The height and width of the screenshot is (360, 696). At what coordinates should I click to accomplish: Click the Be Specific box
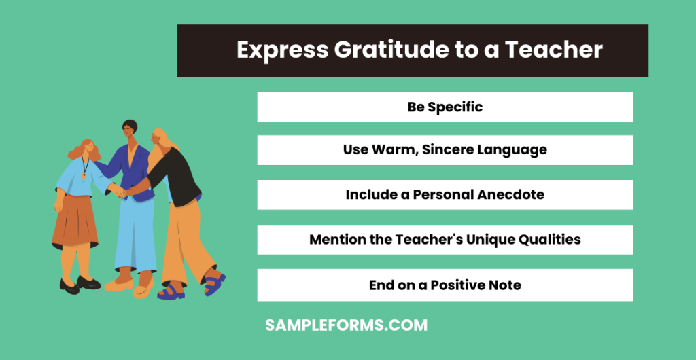pos(445,107)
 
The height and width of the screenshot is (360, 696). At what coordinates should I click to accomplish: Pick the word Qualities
pos(549,239)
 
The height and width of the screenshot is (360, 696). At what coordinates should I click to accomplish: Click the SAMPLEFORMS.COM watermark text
pos(346,325)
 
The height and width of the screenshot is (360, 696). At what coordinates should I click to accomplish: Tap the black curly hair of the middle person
pos(129,126)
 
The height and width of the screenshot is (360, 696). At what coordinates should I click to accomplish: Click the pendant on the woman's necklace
pos(85,174)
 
